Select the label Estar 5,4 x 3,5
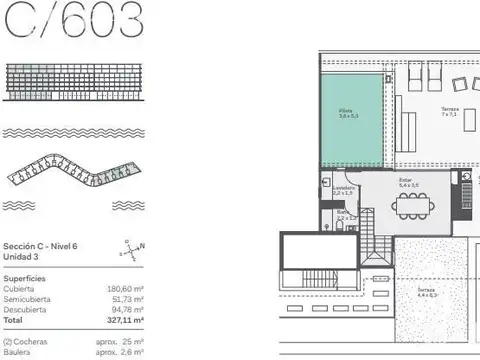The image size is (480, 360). click(x=408, y=184)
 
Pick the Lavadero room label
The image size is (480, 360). click(x=343, y=189)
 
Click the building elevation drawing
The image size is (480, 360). click(x=75, y=82)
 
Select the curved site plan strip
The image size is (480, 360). click(x=75, y=174)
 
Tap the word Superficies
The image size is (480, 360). click(x=24, y=277)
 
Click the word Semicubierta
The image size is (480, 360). click(x=28, y=299)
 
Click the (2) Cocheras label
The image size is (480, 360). click(x=26, y=341)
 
